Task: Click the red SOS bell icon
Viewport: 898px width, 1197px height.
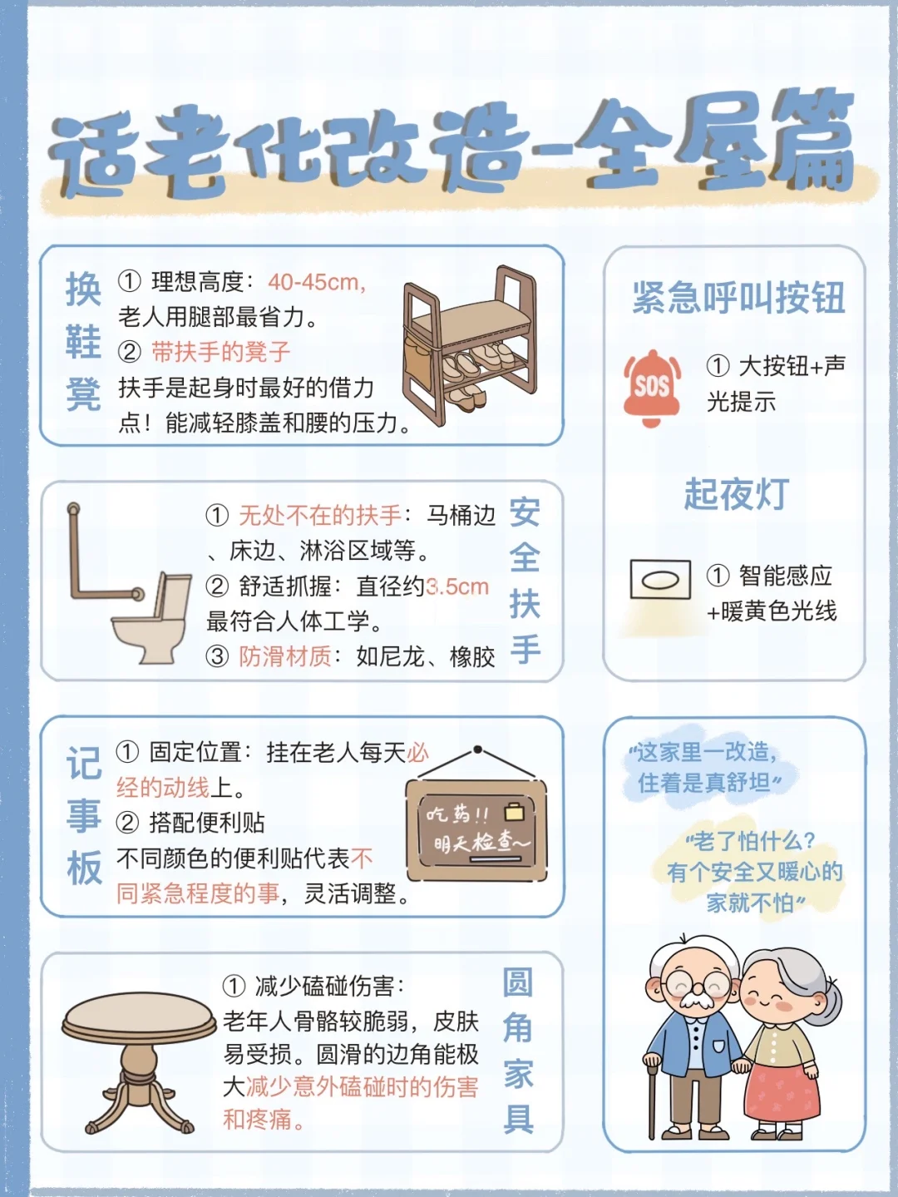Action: point(652,388)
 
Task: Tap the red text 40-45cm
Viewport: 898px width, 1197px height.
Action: point(316,282)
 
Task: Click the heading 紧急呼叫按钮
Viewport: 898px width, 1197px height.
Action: point(738,298)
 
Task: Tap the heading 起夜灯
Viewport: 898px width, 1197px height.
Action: point(736,494)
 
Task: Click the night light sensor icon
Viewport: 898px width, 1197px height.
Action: point(660,580)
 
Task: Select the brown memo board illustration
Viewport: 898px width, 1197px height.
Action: point(476,829)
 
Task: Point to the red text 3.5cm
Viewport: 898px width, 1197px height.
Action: point(457,586)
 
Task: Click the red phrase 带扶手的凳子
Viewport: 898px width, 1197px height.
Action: point(220,352)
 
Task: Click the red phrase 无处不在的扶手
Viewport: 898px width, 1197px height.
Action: point(320,516)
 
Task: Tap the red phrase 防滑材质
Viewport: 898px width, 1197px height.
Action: point(285,657)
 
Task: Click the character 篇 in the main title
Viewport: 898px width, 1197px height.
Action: point(811,141)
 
